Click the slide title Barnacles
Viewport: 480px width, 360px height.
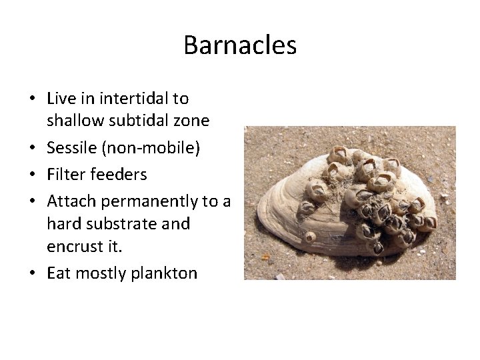240,45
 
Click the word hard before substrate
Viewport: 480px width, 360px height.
63,223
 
